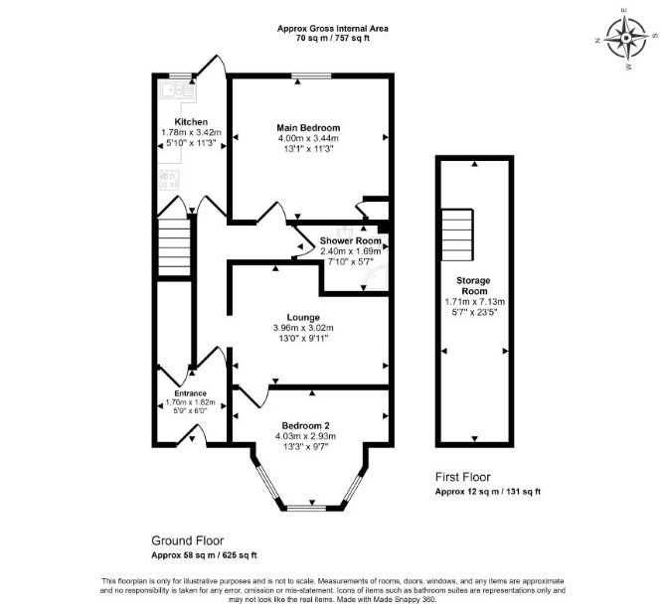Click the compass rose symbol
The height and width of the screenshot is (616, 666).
click(x=626, y=38)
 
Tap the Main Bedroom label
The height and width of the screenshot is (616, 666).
click(x=308, y=128)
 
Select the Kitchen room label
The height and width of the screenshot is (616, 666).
click(x=191, y=122)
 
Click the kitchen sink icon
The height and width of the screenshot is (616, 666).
click(x=178, y=90)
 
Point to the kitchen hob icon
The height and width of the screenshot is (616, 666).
click(x=169, y=180)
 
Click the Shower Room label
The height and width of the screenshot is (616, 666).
click(x=351, y=240)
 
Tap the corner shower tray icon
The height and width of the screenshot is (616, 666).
click(x=375, y=278)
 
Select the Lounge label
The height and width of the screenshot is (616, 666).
click(x=303, y=317)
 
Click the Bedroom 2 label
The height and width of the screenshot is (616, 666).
click(x=306, y=425)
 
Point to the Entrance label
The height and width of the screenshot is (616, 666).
click(x=191, y=393)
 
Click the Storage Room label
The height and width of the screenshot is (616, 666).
click(x=474, y=286)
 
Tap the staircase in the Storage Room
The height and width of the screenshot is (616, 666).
click(x=457, y=234)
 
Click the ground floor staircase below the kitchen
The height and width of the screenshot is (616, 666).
click(x=175, y=247)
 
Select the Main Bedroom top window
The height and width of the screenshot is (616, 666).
click(x=311, y=76)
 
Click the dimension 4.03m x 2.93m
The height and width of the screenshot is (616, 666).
click(x=305, y=436)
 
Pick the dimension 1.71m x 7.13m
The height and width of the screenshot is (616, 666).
click(x=474, y=302)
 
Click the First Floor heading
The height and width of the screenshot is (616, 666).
click(x=463, y=477)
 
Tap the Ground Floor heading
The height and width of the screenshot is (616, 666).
click(x=188, y=540)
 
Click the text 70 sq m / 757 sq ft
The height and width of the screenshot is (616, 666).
click(x=333, y=38)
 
